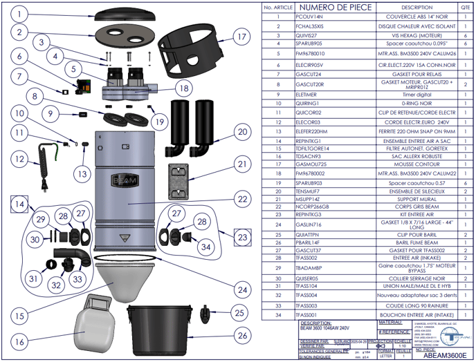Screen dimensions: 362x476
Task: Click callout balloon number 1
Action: click(x=21, y=13)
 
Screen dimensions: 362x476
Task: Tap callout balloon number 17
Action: click(x=241, y=37)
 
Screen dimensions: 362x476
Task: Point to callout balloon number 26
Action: click(x=241, y=335)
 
